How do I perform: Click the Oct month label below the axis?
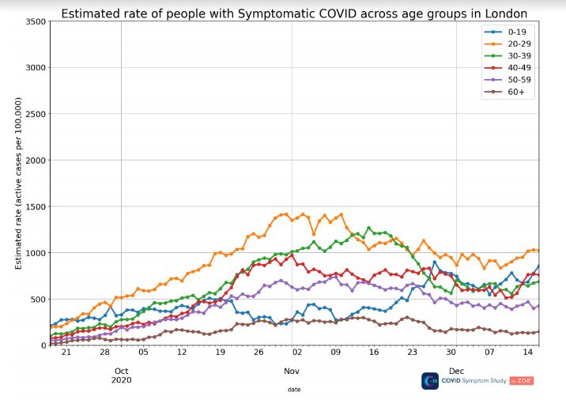(122, 371)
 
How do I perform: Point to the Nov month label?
(292, 371)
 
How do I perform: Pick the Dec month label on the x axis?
(456, 371)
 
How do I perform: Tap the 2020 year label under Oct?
(122, 380)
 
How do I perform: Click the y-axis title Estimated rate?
(18, 181)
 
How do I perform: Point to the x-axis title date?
(293, 389)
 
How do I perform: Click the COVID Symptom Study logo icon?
(430, 381)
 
